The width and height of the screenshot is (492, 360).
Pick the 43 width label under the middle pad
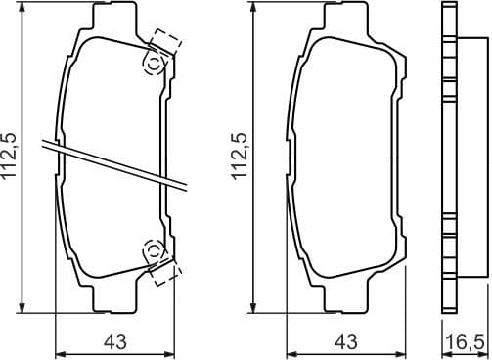pyautogui.click(x=344, y=340)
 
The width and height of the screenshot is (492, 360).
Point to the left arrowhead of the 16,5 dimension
pyautogui.click(x=441, y=353)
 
